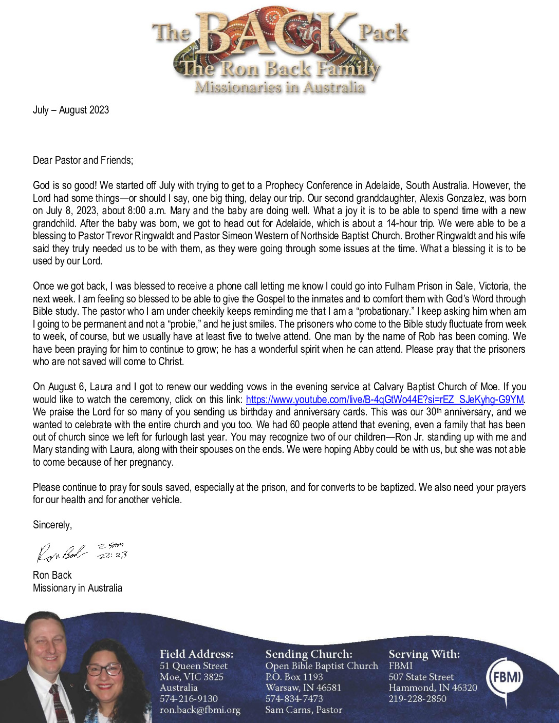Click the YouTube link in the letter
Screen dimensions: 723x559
tap(384, 399)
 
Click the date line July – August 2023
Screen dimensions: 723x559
tap(71, 110)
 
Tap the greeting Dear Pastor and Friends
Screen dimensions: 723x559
tap(83, 160)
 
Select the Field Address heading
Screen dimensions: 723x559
tap(196, 654)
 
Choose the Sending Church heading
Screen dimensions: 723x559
tap(309, 654)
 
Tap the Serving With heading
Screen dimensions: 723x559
tap(424, 654)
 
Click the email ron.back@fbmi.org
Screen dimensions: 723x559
tap(200, 710)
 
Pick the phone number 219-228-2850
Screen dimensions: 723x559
tap(417, 699)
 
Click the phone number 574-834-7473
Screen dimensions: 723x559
tap(294, 699)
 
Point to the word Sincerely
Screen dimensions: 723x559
tap(52, 525)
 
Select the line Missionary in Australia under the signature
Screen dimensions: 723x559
tap(78, 588)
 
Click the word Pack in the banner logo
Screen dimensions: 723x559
tap(383, 33)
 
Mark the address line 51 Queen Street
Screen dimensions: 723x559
tap(193, 666)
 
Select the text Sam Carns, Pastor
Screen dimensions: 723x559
tap(304, 710)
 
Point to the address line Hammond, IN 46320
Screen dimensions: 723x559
tap(433, 688)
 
